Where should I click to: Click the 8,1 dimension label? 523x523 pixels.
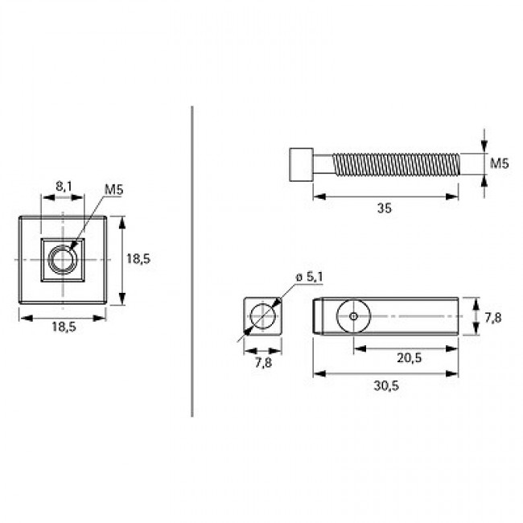(64, 186)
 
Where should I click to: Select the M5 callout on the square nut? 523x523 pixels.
(113, 189)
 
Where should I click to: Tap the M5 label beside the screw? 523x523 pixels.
(500, 163)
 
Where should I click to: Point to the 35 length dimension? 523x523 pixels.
(385, 208)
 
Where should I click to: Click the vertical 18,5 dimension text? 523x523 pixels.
(138, 258)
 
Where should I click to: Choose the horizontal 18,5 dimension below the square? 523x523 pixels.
(64, 327)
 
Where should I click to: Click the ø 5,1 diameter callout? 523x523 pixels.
(309, 277)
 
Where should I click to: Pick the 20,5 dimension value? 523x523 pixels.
(409, 357)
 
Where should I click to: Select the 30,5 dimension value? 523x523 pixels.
(386, 385)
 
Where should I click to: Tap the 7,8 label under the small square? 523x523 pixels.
(263, 363)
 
